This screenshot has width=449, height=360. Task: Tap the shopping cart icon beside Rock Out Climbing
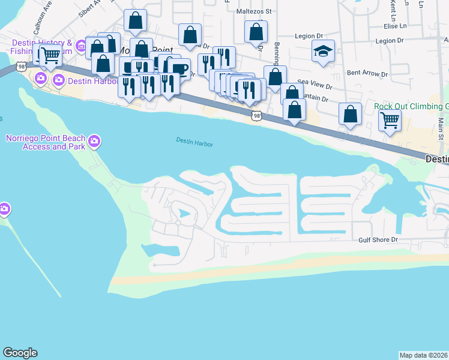(x=390, y=120)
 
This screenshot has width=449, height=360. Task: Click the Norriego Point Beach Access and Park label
(x=44, y=142)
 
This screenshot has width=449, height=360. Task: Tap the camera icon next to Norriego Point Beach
(x=94, y=142)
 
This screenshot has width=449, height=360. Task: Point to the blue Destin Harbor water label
(x=195, y=142)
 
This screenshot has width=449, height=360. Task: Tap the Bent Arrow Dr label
(x=364, y=73)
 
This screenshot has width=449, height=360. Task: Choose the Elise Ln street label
(x=395, y=26)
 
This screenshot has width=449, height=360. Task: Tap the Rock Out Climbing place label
(x=411, y=106)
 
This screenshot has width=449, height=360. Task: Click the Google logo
(x=20, y=353)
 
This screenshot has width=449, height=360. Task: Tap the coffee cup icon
(x=179, y=68)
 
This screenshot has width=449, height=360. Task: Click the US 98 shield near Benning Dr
(x=256, y=115)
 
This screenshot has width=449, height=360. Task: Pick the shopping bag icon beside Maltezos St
(x=256, y=31)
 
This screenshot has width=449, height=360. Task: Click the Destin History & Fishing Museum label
(x=42, y=47)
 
